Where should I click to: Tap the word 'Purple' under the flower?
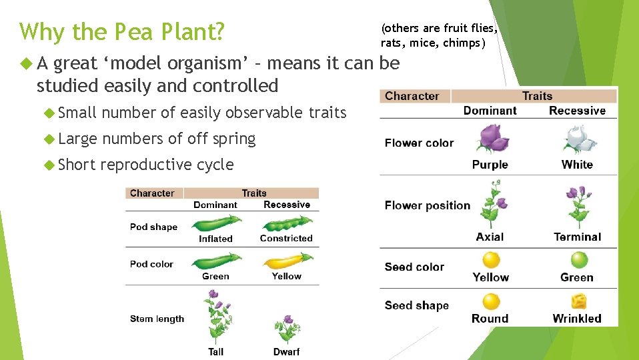(x=490, y=165)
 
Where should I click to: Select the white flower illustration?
(x=577, y=139)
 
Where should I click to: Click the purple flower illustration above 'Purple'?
(x=490, y=139)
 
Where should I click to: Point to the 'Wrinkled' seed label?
(x=577, y=318)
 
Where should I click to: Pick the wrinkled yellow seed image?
(x=578, y=301)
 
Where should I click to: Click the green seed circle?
(x=578, y=260)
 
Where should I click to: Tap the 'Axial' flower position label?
(x=490, y=237)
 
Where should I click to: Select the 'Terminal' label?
(x=577, y=237)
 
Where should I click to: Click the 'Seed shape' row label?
(x=416, y=305)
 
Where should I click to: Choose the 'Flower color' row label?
(x=419, y=143)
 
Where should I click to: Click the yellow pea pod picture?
(x=287, y=260)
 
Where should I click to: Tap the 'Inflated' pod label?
(x=215, y=239)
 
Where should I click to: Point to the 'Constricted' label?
(x=286, y=238)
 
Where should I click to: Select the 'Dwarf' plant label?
(x=287, y=351)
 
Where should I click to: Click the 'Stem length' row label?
(x=157, y=319)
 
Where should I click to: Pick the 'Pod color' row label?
(x=151, y=264)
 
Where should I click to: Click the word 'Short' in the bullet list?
(x=77, y=165)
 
